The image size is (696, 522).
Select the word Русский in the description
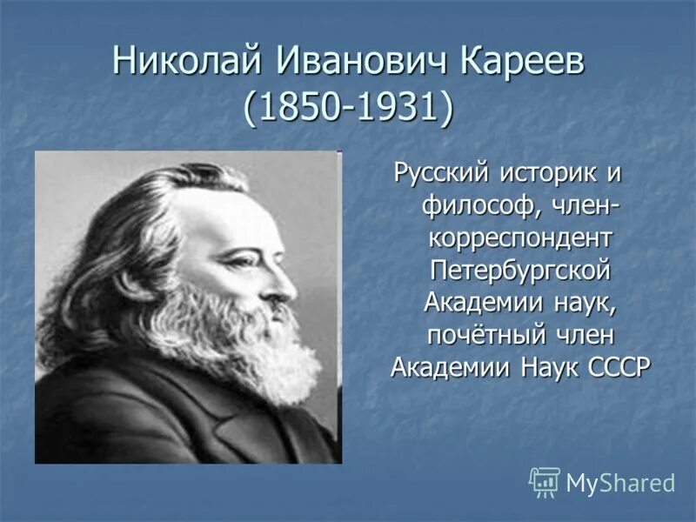tap(441, 172)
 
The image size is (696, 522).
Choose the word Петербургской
tap(519, 270)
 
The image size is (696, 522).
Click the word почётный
tap(481, 334)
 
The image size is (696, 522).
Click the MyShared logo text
tap(621, 482)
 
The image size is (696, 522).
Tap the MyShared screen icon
tap(545, 481)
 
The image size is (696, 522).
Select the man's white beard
tap(252, 348)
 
